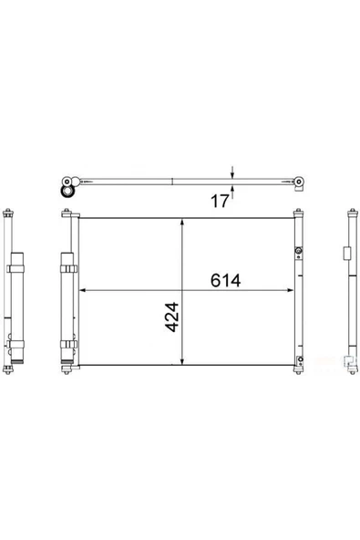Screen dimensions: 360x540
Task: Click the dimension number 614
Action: (225, 280)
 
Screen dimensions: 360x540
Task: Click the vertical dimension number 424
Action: (171, 317)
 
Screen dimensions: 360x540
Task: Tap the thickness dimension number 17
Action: (220, 201)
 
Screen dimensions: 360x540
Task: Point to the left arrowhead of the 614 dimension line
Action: (83, 290)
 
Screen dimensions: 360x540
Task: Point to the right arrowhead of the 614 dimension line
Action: (290, 290)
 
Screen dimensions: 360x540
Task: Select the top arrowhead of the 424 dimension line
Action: (182, 223)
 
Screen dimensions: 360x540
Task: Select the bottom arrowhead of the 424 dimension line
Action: (182, 361)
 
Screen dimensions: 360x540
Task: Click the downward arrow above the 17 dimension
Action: (232, 172)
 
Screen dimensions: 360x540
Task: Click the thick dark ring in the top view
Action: (67, 192)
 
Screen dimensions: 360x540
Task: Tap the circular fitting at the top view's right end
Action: (299, 182)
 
